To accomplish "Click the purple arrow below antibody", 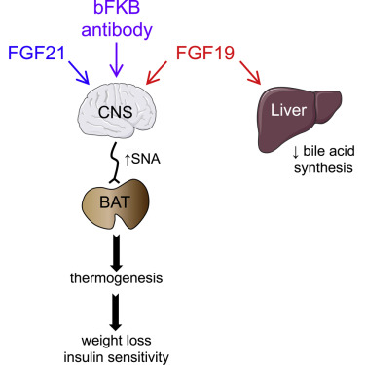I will click(x=118, y=60).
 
